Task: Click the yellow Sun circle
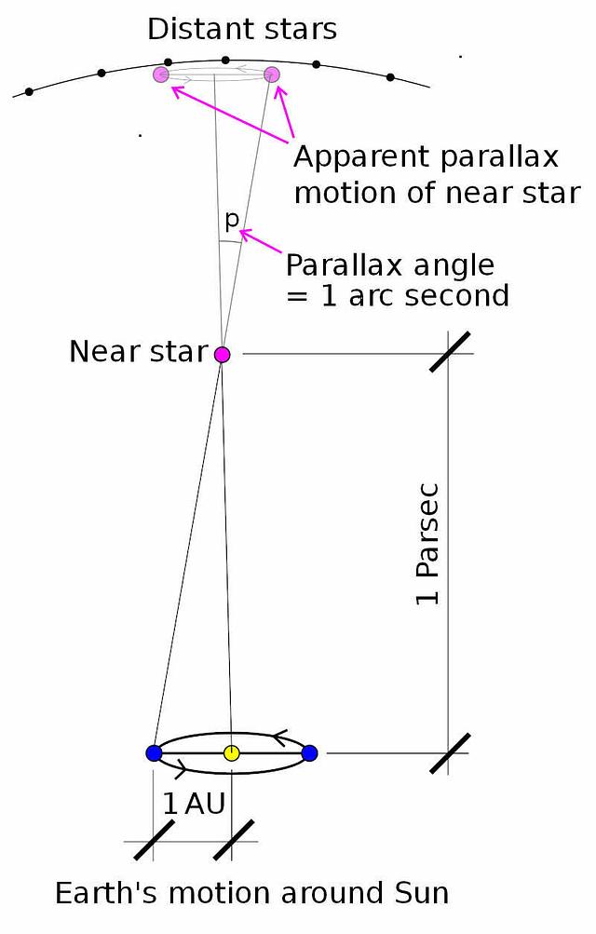231,753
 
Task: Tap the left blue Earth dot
154,753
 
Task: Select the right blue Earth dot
309,753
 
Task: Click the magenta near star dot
222,355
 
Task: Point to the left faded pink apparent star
161,74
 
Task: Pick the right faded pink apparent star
272,74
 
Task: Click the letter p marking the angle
232,221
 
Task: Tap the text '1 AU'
194,805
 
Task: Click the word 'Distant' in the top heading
191,29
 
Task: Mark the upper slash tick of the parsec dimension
450,352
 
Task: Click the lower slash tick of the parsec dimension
450,753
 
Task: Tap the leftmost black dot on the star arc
29,92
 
